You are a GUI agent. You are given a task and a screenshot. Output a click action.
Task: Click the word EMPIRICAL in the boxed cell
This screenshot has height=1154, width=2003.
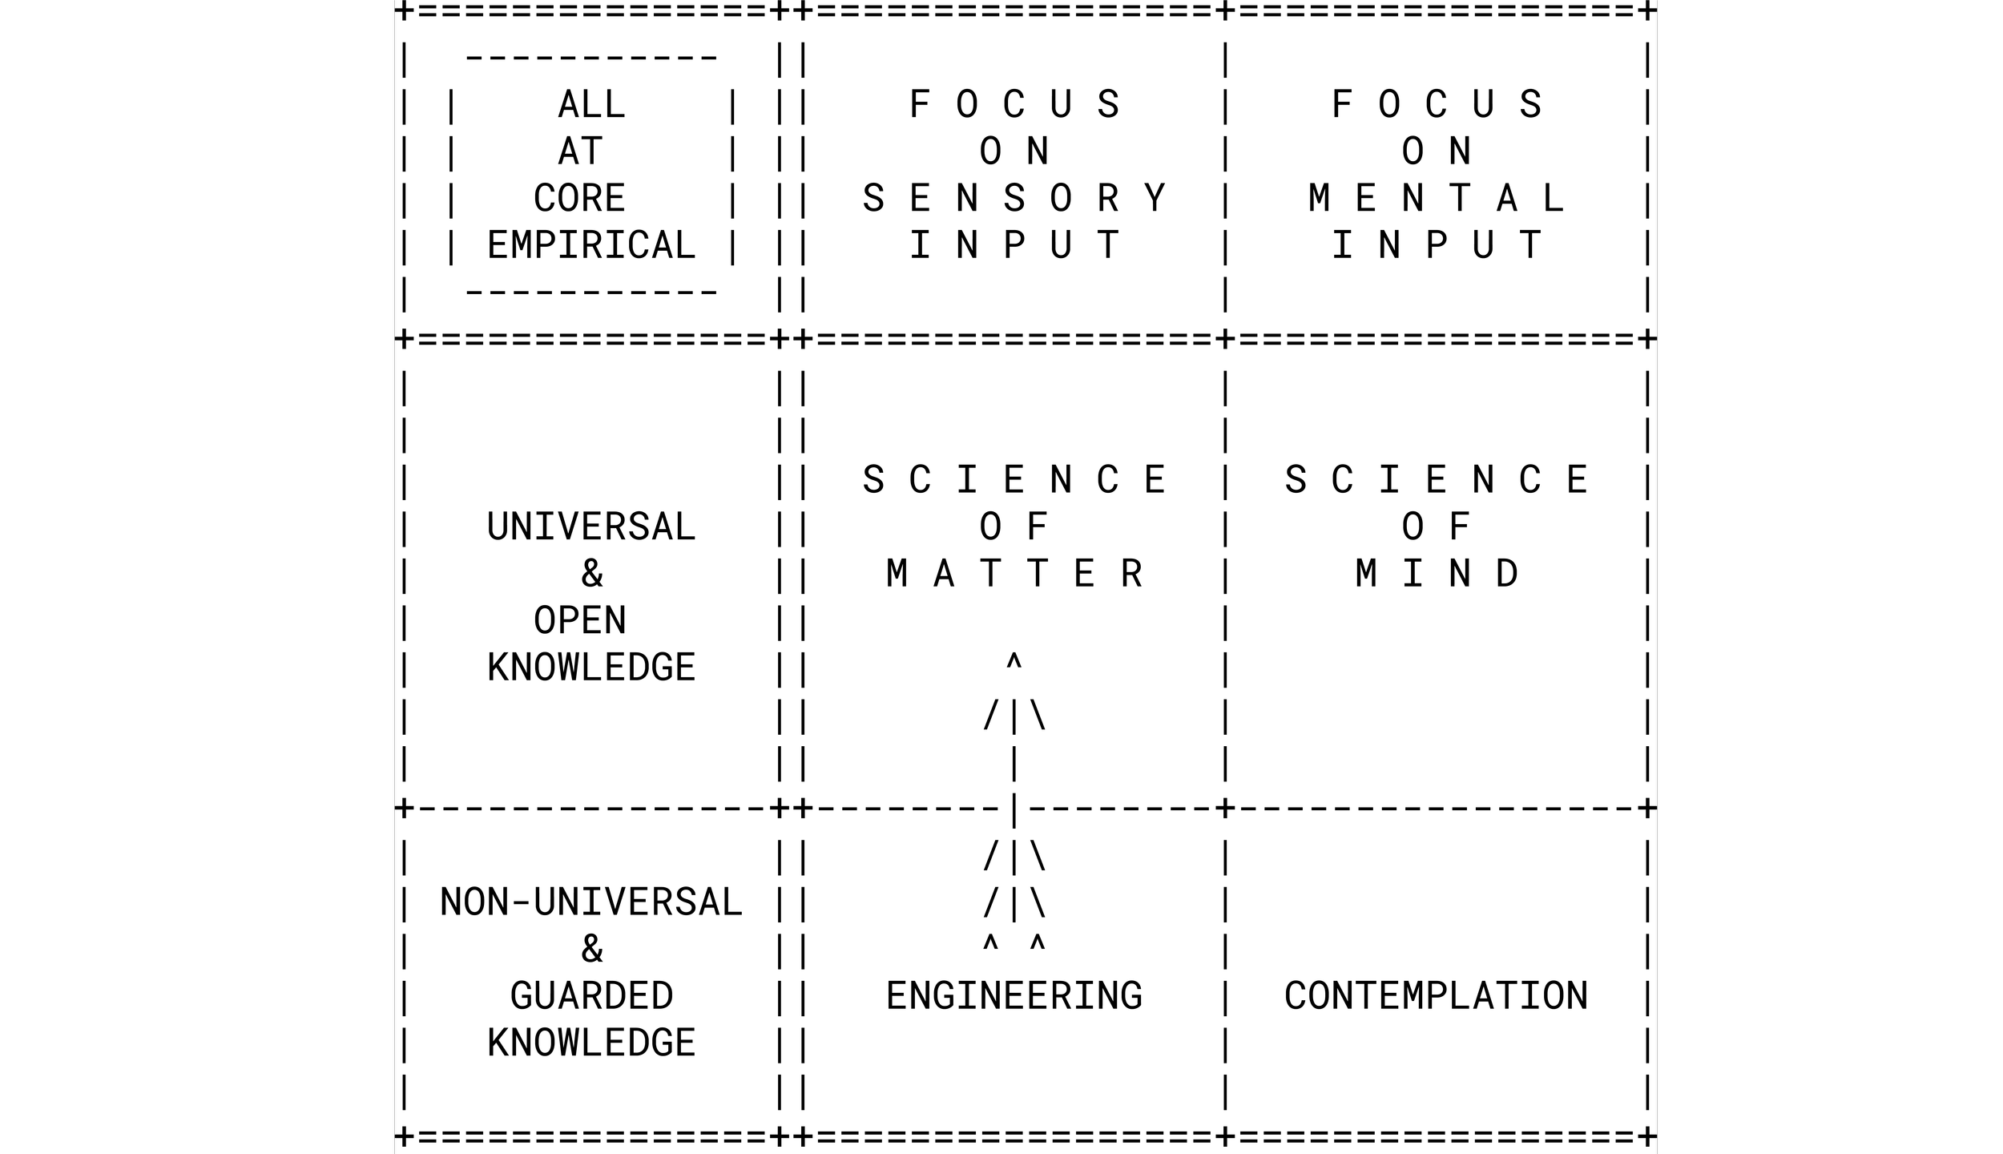click(591, 245)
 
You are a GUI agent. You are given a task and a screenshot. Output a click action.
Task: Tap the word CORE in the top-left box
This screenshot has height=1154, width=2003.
click(579, 199)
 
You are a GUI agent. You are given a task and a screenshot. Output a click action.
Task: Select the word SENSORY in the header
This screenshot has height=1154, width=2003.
click(1014, 199)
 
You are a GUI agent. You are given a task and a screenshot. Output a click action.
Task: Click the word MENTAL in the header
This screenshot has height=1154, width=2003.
click(1437, 199)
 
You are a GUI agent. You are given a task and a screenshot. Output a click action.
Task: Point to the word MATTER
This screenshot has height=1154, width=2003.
click(1014, 574)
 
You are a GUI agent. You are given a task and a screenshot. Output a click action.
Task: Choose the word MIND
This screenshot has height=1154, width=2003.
click(1437, 574)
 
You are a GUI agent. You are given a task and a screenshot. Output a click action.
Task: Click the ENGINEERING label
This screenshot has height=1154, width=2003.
click(1014, 996)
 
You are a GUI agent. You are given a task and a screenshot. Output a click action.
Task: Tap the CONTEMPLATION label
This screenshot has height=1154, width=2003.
click(1437, 996)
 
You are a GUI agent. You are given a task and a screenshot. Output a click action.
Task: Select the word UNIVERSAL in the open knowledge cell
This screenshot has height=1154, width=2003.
click(591, 527)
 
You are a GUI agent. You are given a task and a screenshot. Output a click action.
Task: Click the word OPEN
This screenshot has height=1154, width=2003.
click(579, 621)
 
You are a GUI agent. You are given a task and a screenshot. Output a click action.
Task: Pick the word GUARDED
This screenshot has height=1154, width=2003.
click(591, 996)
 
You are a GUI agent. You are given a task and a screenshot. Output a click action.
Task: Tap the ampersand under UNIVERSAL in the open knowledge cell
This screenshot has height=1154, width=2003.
click(592, 574)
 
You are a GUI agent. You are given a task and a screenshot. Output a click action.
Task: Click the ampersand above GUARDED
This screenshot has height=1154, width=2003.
click(592, 950)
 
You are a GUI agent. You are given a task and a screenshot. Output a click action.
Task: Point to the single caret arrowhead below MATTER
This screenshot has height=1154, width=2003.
click(1014, 662)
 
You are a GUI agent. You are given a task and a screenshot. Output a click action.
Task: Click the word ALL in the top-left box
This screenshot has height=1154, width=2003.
click(591, 105)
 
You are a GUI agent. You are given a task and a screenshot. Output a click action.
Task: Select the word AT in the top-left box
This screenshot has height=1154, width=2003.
click(579, 151)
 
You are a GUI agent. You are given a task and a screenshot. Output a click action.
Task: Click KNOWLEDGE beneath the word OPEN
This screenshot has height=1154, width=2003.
click(591, 668)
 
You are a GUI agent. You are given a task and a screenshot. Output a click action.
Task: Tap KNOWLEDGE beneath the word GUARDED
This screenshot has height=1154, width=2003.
click(591, 1043)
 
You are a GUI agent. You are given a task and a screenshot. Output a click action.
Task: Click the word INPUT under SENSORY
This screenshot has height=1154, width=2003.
click(1014, 245)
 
